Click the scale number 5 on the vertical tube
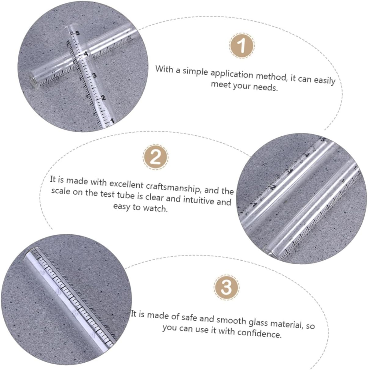tap(77, 33)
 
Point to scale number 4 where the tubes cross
tap(86, 54)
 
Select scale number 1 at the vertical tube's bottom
tap(112, 121)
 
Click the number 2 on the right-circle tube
tap(273, 187)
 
